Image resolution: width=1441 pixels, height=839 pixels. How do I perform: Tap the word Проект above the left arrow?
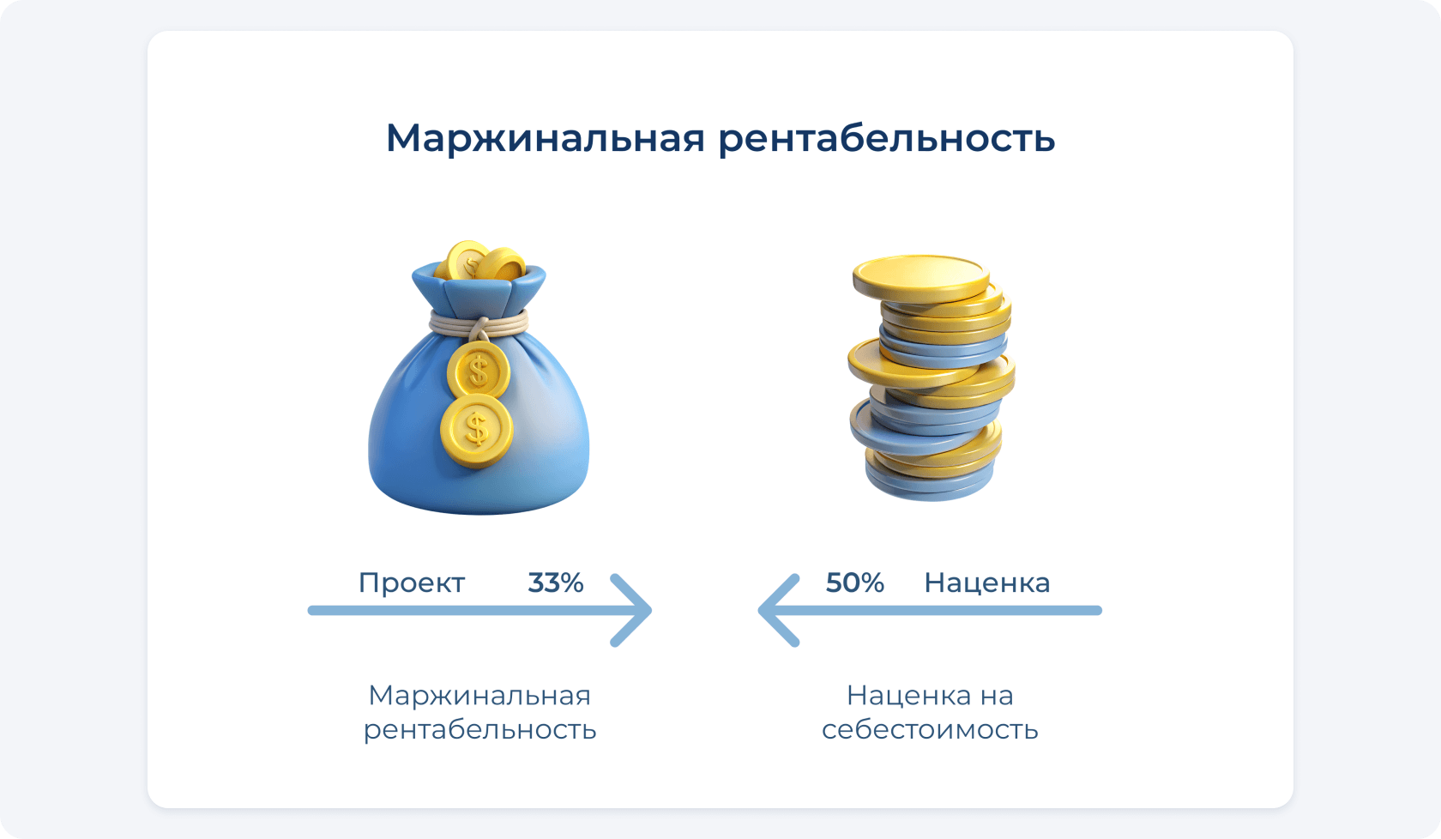click(412, 583)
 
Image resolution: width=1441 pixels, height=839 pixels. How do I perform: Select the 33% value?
click(556, 583)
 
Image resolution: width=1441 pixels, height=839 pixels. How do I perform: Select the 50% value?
click(855, 583)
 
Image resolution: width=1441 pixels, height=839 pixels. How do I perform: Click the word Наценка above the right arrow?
click(986, 583)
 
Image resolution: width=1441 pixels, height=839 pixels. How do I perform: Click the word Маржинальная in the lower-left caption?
click(479, 697)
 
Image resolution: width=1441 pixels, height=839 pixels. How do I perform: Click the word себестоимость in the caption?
click(930, 730)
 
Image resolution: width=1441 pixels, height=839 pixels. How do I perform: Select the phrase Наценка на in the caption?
click(930, 696)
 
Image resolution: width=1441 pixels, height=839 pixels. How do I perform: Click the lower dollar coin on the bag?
click(477, 431)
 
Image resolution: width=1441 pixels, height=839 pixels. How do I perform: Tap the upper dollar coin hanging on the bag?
click(478, 371)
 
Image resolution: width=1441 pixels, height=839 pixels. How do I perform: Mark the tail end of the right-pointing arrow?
click(312, 610)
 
